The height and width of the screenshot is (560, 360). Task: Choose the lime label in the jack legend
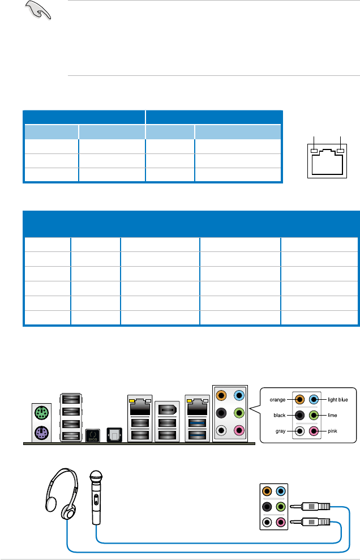pos(332,415)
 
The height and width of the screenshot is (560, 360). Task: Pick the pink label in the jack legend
pos(332,431)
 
